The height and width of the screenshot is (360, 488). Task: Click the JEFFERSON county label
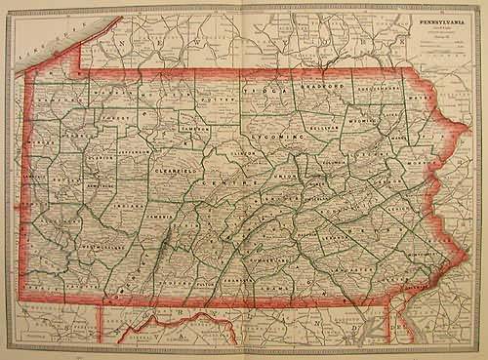coord(138,153)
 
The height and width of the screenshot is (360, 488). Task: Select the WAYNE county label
coord(420,98)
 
